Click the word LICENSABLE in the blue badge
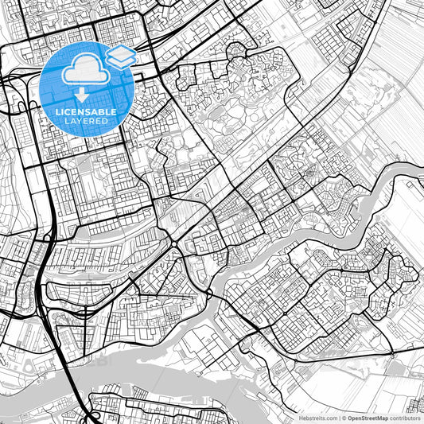(x=86, y=112)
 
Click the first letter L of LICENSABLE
(x=57, y=112)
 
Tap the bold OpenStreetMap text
(x=367, y=417)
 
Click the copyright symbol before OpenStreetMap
(x=344, y=417)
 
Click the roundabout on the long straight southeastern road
(x=391, y=353)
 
